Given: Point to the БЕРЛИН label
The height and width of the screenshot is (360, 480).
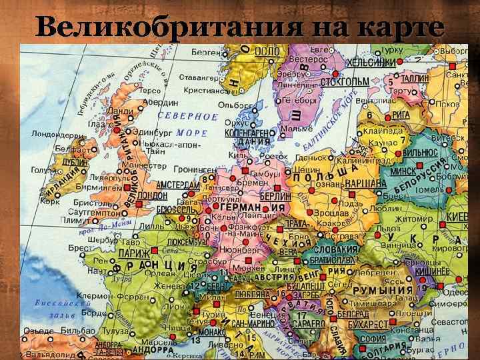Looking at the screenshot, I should (x=275, y=197).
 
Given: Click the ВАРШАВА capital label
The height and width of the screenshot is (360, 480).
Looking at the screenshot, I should (x=365, y=183).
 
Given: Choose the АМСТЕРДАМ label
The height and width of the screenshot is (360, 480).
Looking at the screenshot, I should (x=179, y=184).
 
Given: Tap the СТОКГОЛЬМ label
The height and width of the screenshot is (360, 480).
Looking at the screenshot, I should (x=344, y=82).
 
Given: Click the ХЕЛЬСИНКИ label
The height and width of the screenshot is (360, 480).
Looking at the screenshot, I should (x=371, y=61).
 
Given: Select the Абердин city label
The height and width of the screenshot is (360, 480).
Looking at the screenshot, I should (x=161, y=103).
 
